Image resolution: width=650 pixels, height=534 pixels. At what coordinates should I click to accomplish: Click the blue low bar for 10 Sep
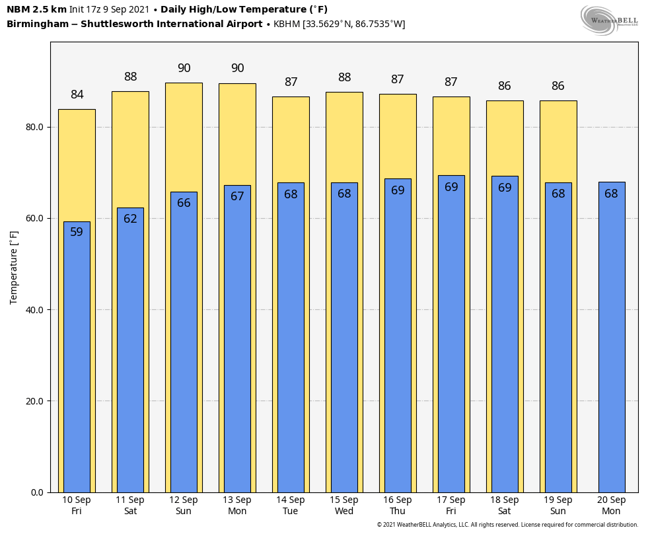click(77, 357)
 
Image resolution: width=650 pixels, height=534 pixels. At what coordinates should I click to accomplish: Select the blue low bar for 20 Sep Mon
click(611, 337)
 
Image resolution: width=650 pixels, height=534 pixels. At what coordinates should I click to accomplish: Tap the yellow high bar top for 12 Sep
click(184, 86)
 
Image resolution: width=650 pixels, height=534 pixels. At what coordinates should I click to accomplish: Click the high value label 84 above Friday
click(77, 95)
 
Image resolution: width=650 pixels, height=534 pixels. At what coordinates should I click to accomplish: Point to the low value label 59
click(77, 232)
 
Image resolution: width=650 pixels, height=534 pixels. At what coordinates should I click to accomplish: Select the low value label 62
click(130, 219)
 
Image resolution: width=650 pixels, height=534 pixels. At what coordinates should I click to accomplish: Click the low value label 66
click(184, 203)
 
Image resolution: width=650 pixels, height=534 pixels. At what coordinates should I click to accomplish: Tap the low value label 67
click(237, 196)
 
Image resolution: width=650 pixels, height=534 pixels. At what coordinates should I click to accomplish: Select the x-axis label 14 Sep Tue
click(291, 506)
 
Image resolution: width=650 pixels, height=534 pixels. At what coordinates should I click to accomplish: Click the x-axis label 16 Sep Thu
click(398, 506)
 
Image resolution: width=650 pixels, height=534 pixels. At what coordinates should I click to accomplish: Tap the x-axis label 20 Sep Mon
click(611, 506)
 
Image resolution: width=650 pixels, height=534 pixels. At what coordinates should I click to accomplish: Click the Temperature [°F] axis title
click(14, 268)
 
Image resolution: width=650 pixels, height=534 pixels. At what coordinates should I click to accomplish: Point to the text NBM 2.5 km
click(36, 10)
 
